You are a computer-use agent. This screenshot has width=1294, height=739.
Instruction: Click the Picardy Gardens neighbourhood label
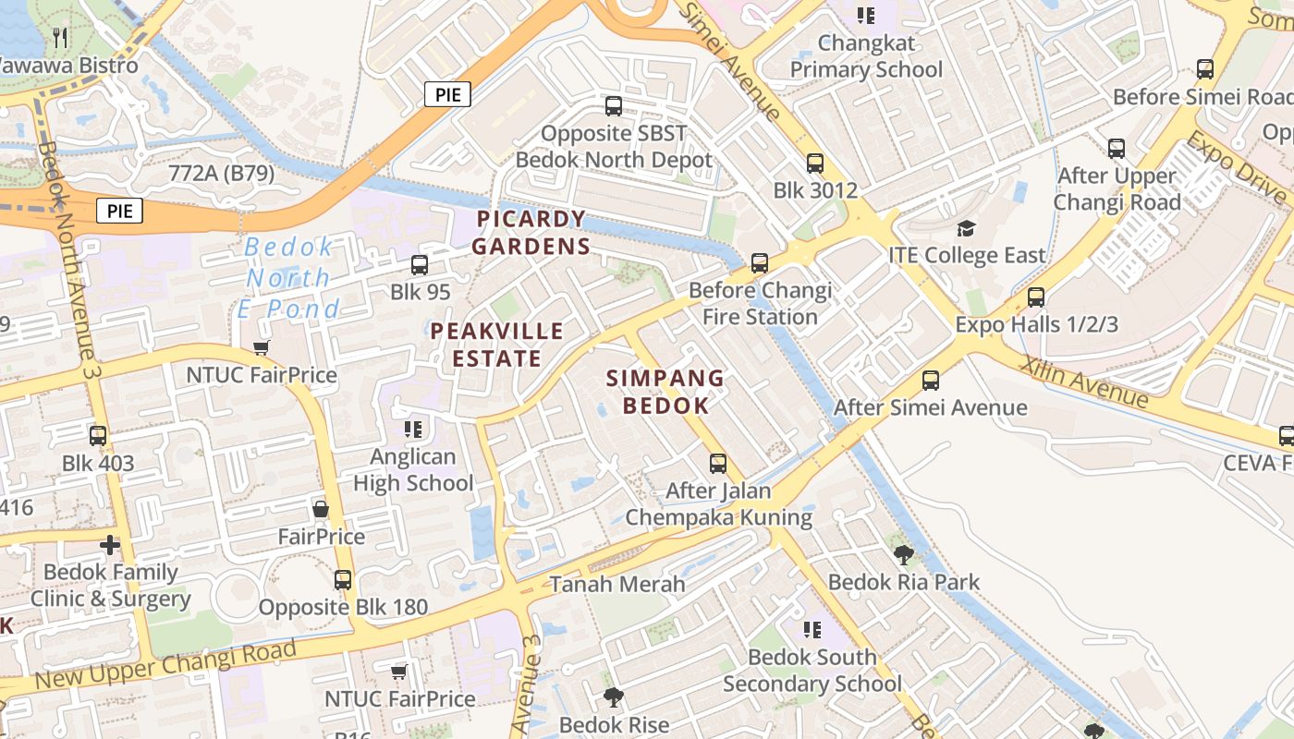tap(531, 233)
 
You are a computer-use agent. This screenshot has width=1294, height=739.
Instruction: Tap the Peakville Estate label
tap(497, 345)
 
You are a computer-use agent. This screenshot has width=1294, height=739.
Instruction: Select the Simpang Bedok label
tap(665, 392)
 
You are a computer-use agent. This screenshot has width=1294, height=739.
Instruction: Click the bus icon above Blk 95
tap(420, 265)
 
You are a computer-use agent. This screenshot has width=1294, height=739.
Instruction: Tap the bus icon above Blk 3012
tap(814, 164)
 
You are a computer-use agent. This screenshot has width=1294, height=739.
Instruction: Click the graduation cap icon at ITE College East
tap(966, 228)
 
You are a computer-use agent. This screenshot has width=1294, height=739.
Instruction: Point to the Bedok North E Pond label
tap(288, 277)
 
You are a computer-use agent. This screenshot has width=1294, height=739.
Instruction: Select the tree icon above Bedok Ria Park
tap(903, 554)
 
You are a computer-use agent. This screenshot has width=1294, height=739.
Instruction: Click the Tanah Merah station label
tap(617, 584)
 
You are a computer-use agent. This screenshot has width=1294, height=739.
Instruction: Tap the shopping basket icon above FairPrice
tap(321, 509)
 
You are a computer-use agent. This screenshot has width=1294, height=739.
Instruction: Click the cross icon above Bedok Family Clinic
tap(110, 545)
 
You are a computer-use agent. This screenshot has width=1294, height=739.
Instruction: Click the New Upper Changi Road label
tap(166, 663)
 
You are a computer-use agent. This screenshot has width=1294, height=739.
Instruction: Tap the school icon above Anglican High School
tap(413, 430)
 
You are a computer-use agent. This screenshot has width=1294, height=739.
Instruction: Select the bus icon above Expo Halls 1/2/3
tap(1036, 297)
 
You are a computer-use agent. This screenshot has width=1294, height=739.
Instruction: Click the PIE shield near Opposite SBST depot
tap(448, 94)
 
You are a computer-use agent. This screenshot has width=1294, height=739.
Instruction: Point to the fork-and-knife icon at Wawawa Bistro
tap(61, 37)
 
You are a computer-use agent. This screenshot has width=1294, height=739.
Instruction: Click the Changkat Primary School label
tap(866, 56)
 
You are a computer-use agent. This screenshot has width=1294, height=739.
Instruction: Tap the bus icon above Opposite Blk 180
tap(343, 580)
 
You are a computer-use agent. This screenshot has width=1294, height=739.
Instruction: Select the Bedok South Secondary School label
tap(812, 671)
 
